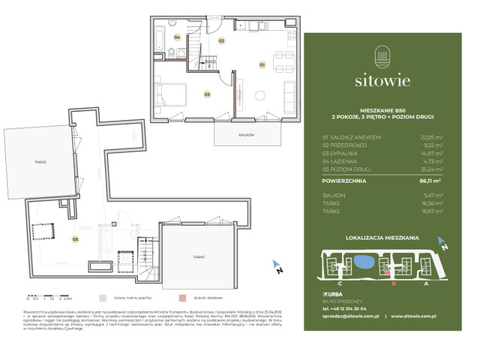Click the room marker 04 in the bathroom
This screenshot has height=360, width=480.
178,36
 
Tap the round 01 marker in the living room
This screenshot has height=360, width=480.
262,64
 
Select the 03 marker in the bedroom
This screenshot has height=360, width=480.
206,94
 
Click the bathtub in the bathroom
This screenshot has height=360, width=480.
163,37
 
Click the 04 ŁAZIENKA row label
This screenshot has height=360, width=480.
340,160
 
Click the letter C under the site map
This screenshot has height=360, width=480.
340,283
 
